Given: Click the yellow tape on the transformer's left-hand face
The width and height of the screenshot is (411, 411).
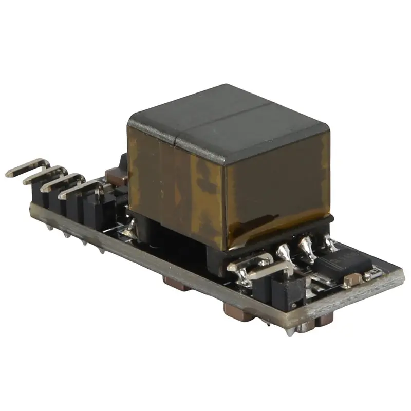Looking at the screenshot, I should [170, 180].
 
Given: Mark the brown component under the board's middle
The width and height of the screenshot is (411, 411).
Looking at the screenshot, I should [172, 282].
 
